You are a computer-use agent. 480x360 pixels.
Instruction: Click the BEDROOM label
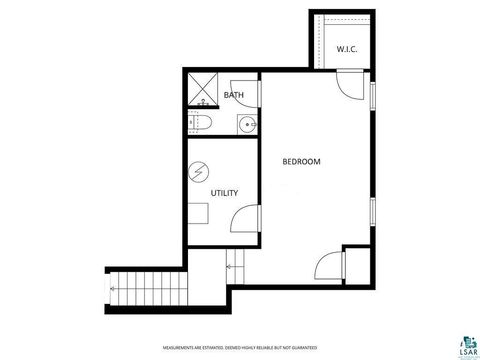pyautogui.click(x=301, y=161)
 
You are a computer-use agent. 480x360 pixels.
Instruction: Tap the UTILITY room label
pyautogui.click(x=224, y=193)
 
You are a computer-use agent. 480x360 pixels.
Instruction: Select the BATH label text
pyautogui.click(x=234, y=96)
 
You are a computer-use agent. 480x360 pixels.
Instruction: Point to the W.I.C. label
pyautogui.click(x=347, y=48)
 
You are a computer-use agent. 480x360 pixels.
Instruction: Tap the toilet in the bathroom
pyautogui.click(x=199, y=124)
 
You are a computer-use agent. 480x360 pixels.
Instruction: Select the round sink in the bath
pyautogui.click(x=246, y=124)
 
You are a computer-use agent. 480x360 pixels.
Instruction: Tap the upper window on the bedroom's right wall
pyautogui.click(x=372, y=97)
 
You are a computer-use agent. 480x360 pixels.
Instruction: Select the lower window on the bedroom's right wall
pyautogui.click(x=372, y=212)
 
